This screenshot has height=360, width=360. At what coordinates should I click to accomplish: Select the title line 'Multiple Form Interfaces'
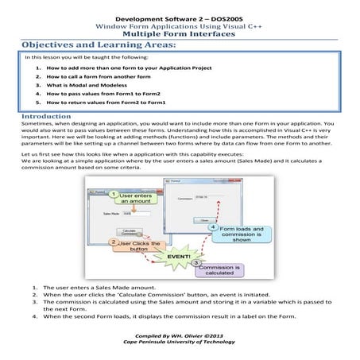(x=180, y=33)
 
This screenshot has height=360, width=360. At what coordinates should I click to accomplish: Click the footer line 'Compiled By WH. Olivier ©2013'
(x=180, y=337)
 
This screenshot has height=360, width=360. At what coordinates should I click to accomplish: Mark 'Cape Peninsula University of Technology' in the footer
(x=180, y=344)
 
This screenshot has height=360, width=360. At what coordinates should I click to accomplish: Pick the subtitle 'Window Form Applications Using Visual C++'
(x=180, y=25)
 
